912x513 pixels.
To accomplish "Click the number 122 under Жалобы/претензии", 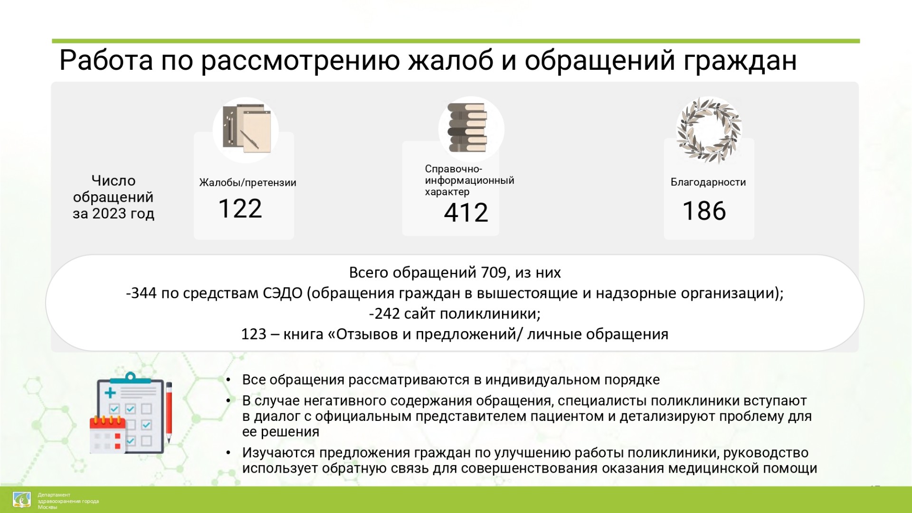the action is pos(240,209).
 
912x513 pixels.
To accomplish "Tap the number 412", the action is pos(466,213).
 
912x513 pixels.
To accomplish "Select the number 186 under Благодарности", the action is pos(704,211).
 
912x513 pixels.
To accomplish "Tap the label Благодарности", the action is pos(708,182).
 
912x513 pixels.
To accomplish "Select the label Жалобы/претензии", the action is pos(247,183).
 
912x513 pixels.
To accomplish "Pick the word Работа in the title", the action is pos(106,61).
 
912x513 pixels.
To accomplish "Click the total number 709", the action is pos(494,273).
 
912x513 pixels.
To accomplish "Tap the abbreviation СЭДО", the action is pos(282,294).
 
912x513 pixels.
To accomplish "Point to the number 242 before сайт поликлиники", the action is pos(387,314).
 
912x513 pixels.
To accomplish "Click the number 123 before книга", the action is pos(254,334).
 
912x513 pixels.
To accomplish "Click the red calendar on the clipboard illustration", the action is pos(108,434).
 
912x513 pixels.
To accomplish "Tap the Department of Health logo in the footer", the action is pos(22,500).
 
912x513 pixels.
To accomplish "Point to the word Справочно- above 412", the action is pos(454,169).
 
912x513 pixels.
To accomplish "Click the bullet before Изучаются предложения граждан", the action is pos(228,453).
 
